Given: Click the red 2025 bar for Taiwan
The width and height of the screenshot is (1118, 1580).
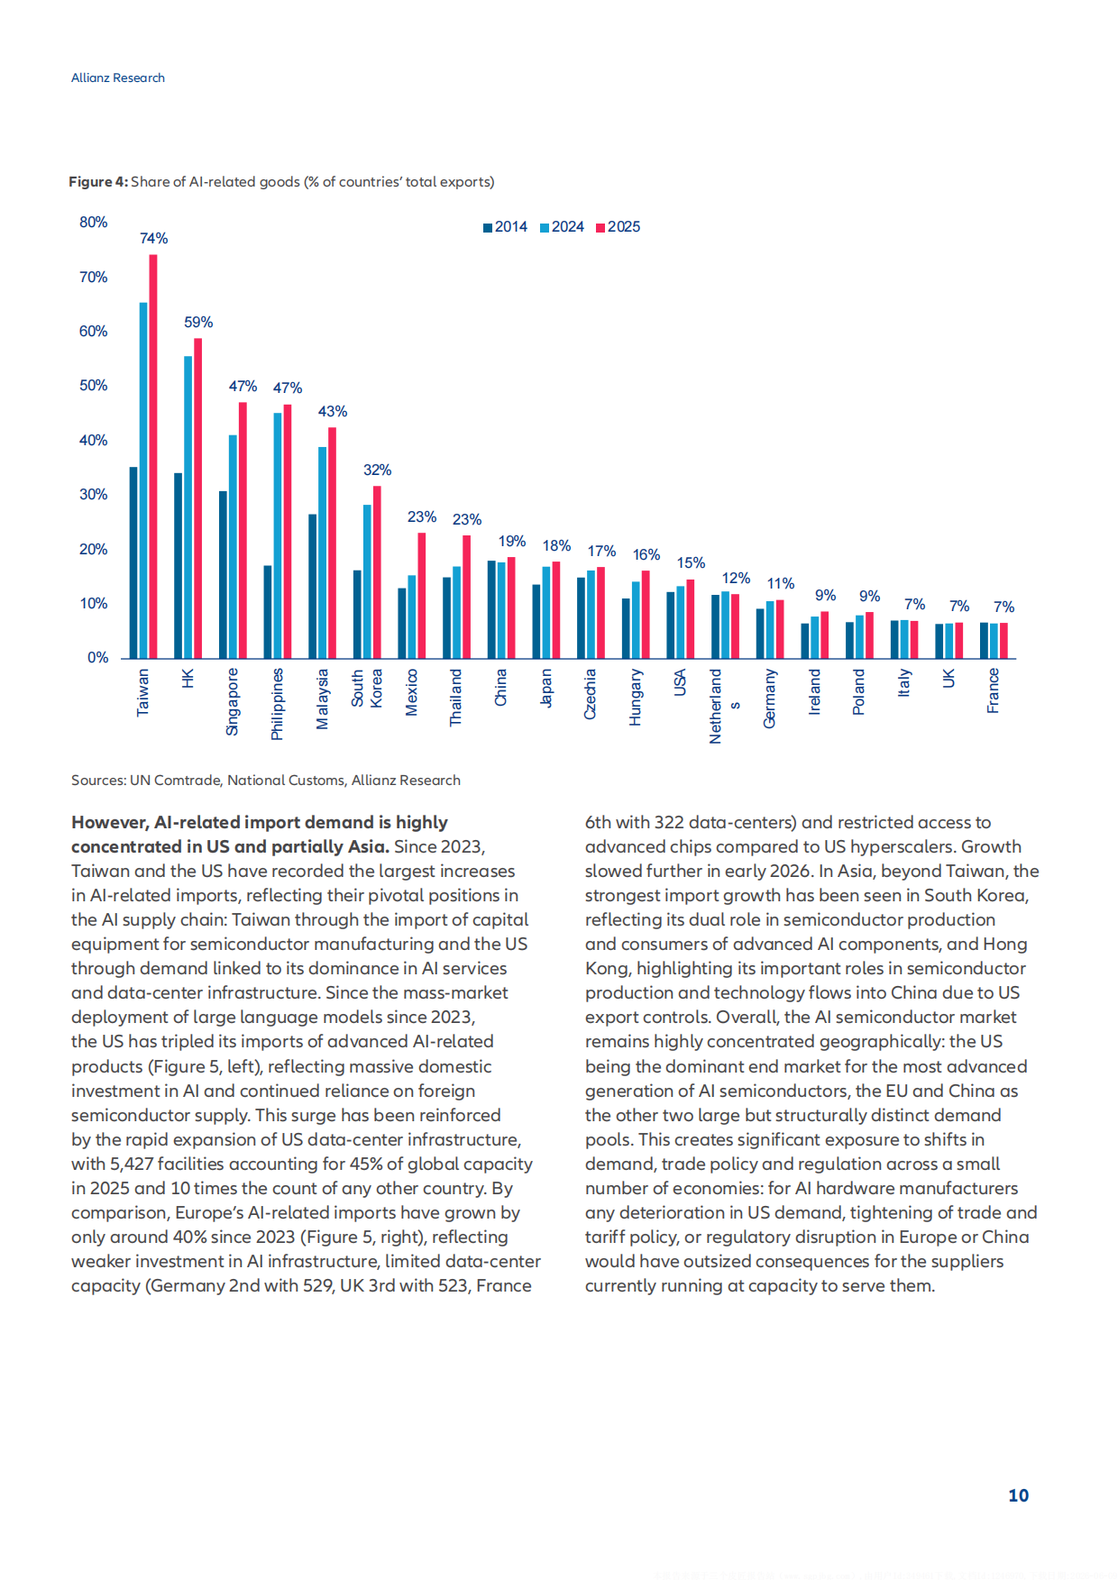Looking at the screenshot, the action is [x=153, y=456].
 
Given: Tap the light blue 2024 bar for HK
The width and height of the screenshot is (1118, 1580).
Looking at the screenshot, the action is [x=188, y=507].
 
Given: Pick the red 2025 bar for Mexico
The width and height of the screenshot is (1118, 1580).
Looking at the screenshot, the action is [x=421, y=596].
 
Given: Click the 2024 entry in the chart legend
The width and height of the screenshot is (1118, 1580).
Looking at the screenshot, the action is [x=562, y=227].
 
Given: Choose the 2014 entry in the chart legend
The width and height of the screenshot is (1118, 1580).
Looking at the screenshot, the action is [x=505, y=227].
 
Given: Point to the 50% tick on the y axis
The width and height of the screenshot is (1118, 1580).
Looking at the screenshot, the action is [x=93, y=386].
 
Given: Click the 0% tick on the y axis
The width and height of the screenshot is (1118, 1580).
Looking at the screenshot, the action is [x=97, y=658].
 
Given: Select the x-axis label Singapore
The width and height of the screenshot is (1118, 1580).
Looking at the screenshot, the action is [x=233, y=702].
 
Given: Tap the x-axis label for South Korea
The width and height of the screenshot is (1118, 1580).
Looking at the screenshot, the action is [x=367, y=688].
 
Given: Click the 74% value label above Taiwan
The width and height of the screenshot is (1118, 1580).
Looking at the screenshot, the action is [x=153, y=239].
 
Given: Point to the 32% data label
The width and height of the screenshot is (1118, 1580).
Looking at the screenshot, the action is [x=377, y=470].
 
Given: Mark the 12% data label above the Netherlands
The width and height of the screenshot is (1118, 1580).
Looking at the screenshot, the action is [x=736, y=579].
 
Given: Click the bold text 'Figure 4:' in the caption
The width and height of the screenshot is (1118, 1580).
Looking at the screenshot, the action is [x=98, y=182].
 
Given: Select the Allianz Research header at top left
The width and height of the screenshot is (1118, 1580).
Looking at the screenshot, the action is [x=118, y=78].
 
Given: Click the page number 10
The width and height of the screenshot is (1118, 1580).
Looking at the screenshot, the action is [x=1018, y=1496].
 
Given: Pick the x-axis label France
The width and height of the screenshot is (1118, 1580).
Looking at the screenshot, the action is [x=993, y=690].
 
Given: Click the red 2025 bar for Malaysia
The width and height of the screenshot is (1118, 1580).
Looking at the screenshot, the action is [x=332, y=543].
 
